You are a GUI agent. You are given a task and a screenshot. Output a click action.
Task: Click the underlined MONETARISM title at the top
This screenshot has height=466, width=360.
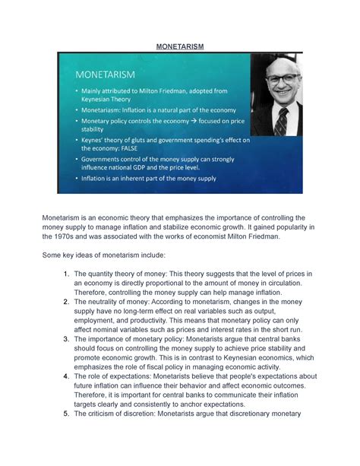click(179, 46)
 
